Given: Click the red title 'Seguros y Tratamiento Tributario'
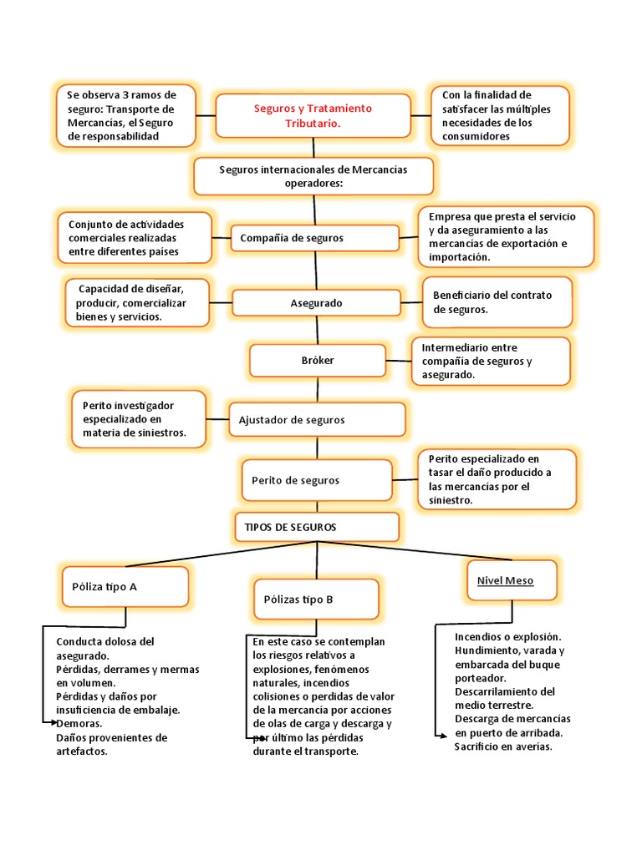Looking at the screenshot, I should [x=313, y=115].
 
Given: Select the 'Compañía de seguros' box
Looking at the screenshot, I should [x=315, y=238].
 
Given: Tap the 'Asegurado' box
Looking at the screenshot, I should [x=316, y=302].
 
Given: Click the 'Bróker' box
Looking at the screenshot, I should [x=317, y=361].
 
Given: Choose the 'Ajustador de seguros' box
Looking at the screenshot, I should [x=317, y=420].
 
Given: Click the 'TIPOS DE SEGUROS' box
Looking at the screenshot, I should [x=315, y=528].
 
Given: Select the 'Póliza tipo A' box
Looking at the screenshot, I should [x=125, y=586].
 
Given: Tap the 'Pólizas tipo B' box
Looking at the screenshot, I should [x=316, y=599].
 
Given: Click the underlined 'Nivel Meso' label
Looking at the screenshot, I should [x=505, y=580].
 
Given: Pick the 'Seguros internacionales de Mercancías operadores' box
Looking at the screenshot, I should [x=313, y=176].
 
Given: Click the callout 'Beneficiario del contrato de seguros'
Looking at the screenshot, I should [x=498, y=302].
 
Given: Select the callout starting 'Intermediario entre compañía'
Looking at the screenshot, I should [x=491, y=361].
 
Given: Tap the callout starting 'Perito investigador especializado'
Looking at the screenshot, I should [x=138, y=419].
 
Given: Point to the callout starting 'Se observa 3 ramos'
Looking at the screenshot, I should [x=125, y=115].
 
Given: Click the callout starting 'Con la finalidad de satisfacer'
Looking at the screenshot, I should [x=500, y=115].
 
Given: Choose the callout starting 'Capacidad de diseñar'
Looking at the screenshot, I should [x=137, y=302].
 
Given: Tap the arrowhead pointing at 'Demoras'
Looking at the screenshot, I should [x=51, y=722].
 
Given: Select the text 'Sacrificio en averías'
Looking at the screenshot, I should [x=503, y=746].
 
